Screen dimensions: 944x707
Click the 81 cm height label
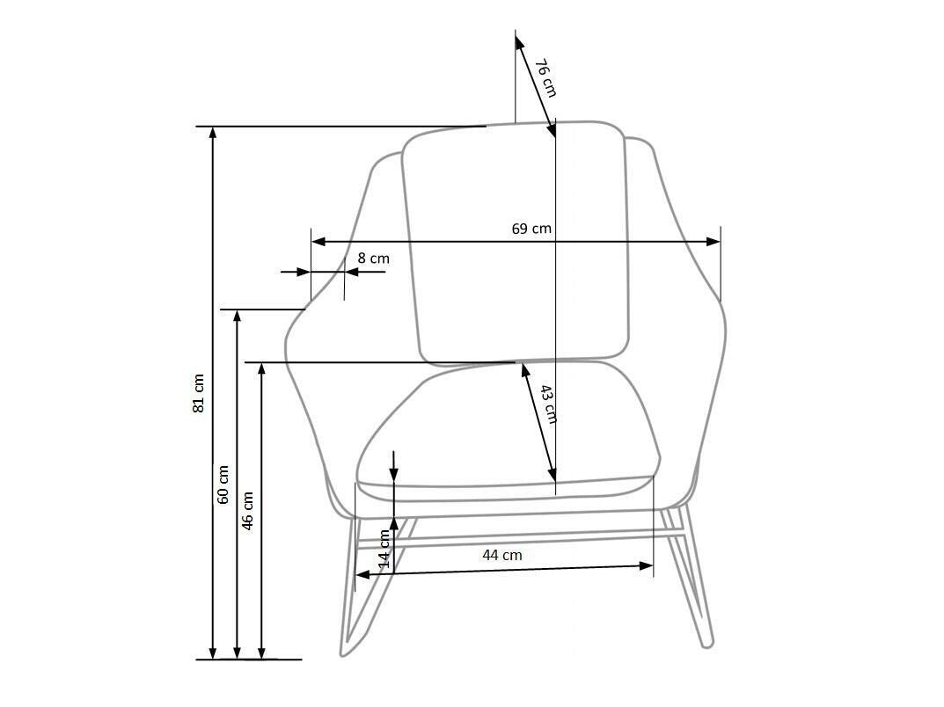coord(199,394)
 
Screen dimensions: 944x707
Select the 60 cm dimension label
coord(223,485)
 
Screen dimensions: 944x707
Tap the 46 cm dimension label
coord(247,511)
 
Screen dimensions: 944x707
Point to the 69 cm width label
coord(531,229)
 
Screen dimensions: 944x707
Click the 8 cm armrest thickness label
coord(373,259)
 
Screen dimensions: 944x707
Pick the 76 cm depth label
coord(545,77)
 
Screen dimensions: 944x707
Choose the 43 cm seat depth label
coord(547,405)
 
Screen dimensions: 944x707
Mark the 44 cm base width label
coord(502,555)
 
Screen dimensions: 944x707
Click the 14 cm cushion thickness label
coord(384,549)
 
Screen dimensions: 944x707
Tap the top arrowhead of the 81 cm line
coord(213,133)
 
